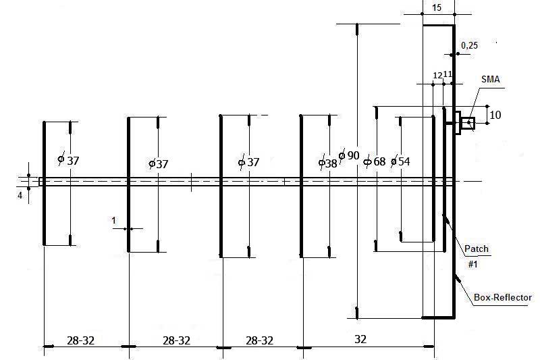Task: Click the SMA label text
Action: tap(491, 79)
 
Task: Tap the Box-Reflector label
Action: tap(503, 297)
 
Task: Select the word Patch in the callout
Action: tap(477, 249)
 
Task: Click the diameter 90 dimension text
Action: tap(349, 156)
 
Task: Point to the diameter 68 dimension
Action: tap(375, 161)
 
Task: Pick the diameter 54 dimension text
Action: tap(400, 161)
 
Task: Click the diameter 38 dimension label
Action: tap(327, 163)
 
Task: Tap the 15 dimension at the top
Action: tap(436, 7)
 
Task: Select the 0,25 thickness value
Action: tap(469, 45)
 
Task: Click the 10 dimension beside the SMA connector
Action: tap(495, 115)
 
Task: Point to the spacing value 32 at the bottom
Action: tap(360, 339)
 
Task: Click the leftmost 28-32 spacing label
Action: tap(80, 340)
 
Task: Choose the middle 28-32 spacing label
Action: tap(176, 340)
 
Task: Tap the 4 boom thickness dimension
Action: tap(20, 195)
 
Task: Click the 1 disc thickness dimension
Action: tap(114, 220)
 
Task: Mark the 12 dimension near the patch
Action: tap(437, 75)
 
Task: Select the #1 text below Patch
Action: tap(473, 264)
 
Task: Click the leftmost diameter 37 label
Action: tap(68, 161)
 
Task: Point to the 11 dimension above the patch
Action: tap(448, 74)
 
